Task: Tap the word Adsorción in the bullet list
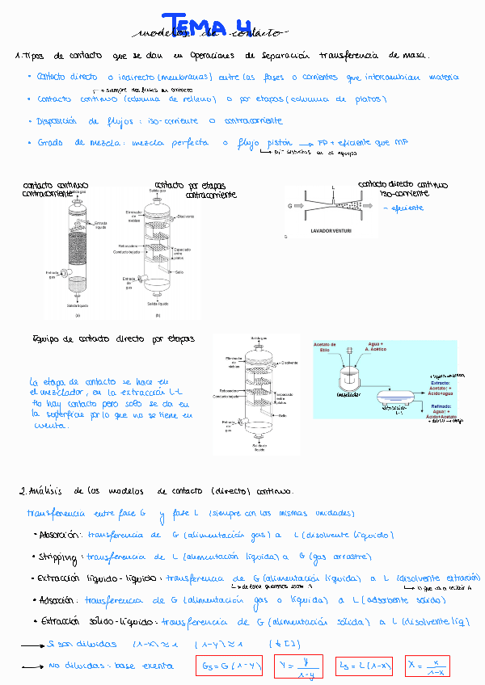pyautogui.click(x=58, y=600)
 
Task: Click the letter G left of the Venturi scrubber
pyautogui.click(x=289, y=207)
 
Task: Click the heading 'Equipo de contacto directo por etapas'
pyautogui.click(x=113, y=339)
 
